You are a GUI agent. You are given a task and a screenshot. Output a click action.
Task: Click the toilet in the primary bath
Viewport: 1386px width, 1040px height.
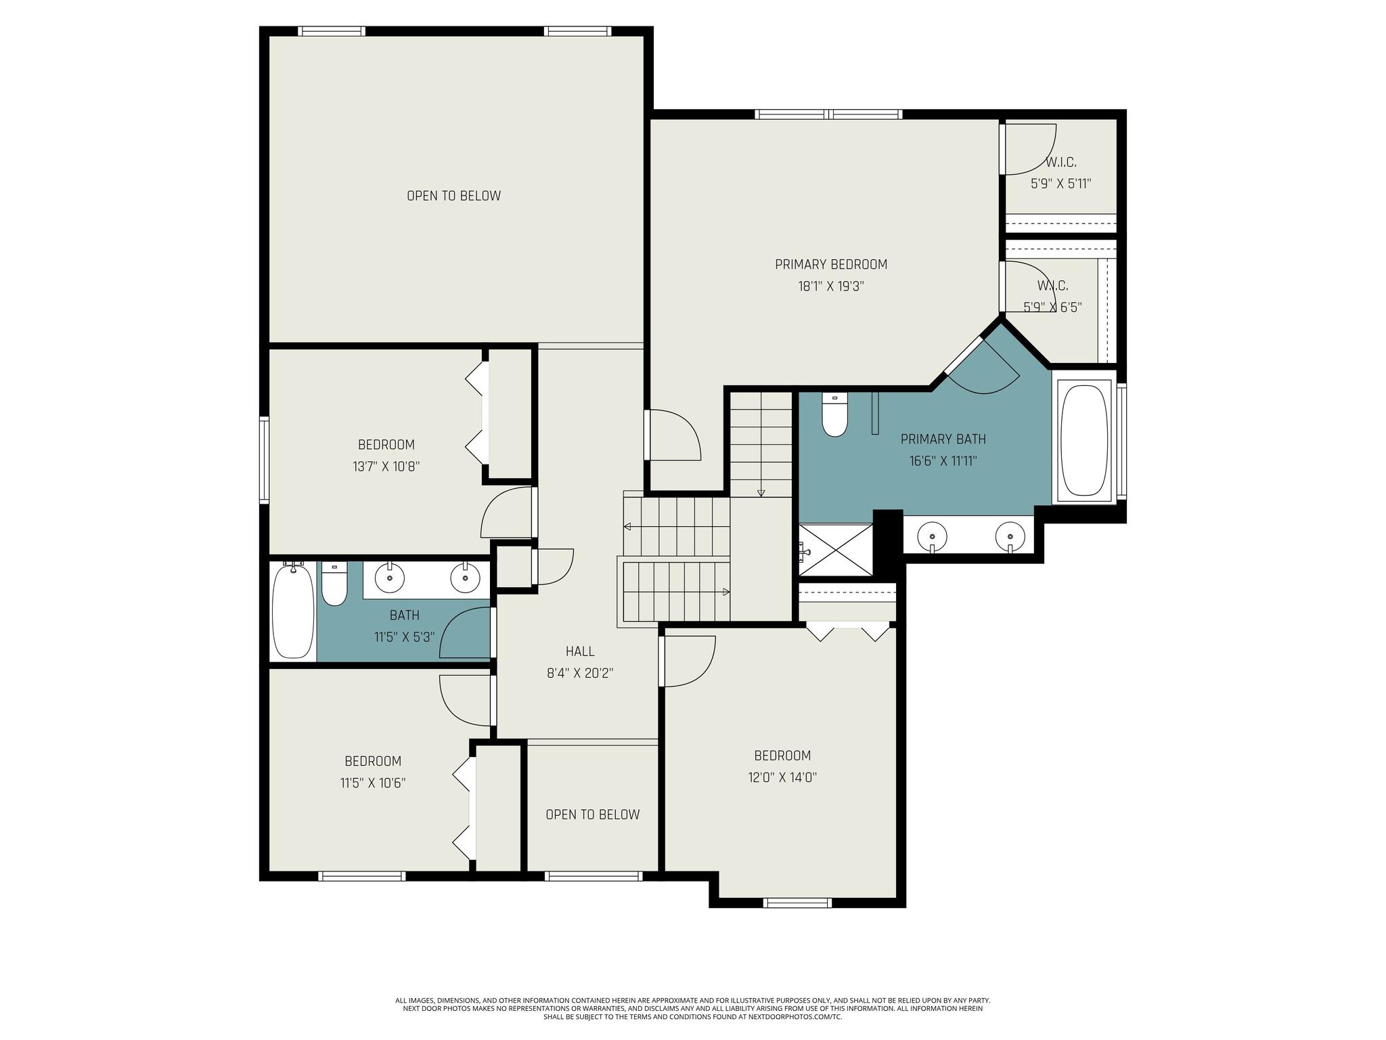coord(834,415)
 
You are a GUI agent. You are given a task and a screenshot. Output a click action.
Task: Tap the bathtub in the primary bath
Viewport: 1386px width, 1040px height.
coord(1084,441)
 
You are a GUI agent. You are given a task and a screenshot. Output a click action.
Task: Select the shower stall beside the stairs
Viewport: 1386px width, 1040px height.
coord(836,549)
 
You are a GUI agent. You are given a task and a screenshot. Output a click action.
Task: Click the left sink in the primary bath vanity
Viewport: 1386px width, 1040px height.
coord(933,537)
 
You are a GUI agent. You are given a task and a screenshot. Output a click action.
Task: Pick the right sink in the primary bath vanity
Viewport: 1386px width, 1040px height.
coord(1011,537)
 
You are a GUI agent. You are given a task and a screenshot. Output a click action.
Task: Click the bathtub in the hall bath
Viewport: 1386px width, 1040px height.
coord(293,611)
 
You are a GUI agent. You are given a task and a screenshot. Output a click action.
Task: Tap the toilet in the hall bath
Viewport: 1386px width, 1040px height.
coord(334,583)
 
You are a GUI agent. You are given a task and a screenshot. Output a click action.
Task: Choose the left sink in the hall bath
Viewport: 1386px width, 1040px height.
coord(389,578)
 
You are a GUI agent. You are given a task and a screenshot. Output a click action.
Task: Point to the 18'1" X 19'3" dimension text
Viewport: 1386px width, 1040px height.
coord(831,286)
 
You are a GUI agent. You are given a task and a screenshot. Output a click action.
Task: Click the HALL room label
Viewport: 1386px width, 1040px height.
coord(580,651)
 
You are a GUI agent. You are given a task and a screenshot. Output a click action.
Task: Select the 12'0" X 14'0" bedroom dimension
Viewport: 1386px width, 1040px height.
coord(782,777)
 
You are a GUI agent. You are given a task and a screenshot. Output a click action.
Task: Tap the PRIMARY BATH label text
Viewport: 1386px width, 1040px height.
coord(943,439)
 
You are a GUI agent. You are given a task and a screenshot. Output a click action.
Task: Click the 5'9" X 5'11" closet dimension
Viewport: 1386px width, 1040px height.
coord(1060,183)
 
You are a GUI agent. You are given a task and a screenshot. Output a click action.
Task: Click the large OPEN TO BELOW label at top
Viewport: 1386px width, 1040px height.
coord(453,196)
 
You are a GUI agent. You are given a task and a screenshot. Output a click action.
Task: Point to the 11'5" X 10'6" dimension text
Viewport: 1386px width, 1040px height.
coord(373,783)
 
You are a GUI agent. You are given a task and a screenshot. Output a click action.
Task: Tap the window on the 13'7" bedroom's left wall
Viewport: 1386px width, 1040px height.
coord(265,460)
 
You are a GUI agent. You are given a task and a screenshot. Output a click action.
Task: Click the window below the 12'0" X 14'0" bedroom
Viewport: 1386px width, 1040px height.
coord(797,903)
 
